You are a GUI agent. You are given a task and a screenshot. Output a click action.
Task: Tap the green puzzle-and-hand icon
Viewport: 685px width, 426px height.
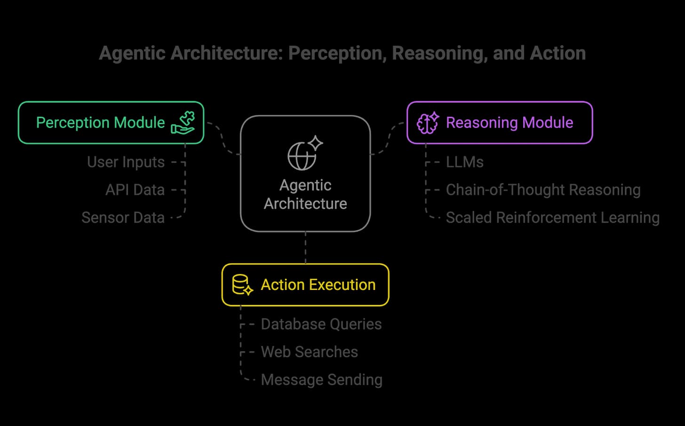coord(183,123)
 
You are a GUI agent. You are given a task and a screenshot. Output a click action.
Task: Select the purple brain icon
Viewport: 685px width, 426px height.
coord(428,123)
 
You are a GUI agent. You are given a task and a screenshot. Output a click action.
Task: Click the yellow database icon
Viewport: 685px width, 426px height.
coord(242,285)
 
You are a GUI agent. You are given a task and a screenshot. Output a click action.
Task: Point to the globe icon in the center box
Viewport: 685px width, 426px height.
coord(305,153)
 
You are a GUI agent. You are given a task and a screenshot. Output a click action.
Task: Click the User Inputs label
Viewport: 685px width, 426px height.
coord(126,162)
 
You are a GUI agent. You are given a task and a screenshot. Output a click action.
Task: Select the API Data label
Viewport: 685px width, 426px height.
coord(135,190)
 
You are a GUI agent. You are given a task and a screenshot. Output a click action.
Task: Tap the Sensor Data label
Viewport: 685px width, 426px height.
coord(123,217)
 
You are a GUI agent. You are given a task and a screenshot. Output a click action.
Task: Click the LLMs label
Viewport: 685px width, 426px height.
coord(464,162)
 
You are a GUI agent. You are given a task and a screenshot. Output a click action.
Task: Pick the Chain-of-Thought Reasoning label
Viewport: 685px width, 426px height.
coord(543,190)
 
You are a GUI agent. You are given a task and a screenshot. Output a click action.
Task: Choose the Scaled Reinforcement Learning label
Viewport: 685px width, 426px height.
coord(553,217)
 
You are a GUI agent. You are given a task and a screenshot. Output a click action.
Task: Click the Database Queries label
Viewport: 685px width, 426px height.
coord(321,324)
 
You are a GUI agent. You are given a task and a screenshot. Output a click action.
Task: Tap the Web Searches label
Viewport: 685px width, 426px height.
coord(309,352)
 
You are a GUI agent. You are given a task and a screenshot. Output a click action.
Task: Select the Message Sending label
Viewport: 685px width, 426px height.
coord(321,380)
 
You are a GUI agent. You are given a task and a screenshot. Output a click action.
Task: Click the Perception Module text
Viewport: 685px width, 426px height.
coord(100,123)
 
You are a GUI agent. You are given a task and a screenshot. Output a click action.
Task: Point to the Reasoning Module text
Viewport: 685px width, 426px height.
coord(510,123)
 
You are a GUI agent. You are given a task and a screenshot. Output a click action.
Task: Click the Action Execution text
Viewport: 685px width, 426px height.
coord(318,285)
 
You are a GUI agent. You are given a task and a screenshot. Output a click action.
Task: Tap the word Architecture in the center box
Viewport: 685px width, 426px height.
coord(305,203)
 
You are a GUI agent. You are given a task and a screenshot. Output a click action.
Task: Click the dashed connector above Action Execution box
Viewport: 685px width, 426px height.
coord(305,248)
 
